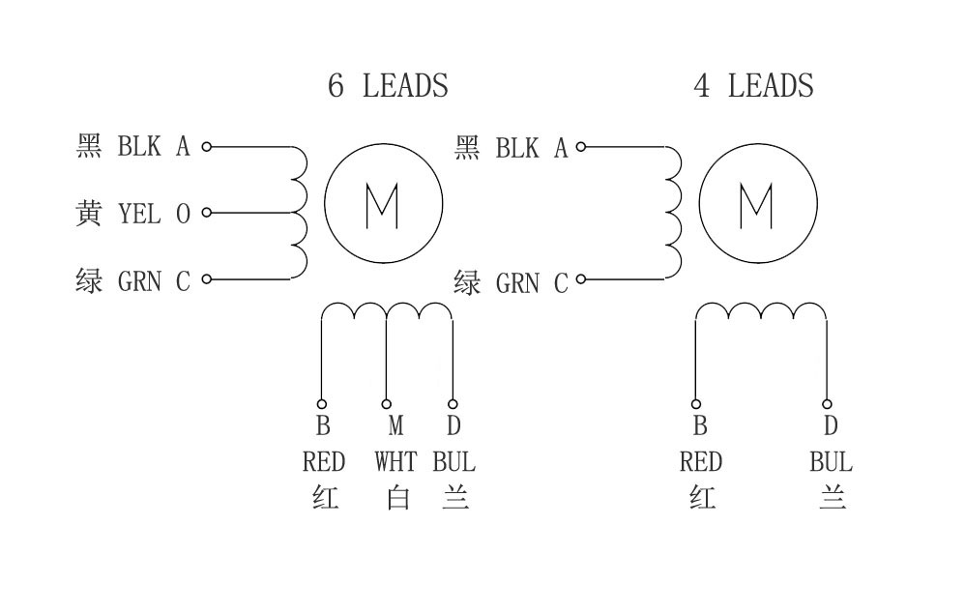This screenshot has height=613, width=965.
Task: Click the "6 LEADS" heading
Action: tap(388, 86)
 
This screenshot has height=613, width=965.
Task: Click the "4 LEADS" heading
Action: tap(753, 86)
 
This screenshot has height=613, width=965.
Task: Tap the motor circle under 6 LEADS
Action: tap(383, 204)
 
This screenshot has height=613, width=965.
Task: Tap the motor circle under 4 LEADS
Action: tap(757, 204)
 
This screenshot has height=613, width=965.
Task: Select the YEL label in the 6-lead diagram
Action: tap(139, 214)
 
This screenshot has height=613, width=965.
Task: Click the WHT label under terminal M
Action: tap(395, 461)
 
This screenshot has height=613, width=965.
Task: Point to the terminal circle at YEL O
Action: tap(206, 214)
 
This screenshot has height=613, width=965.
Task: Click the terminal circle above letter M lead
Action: tap(387, 404)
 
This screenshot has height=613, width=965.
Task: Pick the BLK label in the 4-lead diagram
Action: tap(517, 148)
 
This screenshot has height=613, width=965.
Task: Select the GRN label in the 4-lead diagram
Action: tap(517, 283)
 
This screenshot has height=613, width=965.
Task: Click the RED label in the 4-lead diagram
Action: tap(700, 461)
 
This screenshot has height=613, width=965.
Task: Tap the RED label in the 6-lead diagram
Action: tap(323, 461)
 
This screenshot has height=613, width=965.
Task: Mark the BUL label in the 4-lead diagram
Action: tap(831, 461)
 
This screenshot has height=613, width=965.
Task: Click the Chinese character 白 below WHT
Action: tap(397, 499)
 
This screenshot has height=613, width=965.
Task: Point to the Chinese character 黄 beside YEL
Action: tap(89, 214)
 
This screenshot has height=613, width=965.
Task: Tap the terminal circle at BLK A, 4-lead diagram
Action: tap(581, 147)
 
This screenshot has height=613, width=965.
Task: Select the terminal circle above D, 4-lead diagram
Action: tap(828, 404)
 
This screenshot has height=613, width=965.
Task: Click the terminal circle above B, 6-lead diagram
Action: tap(322, 404)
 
